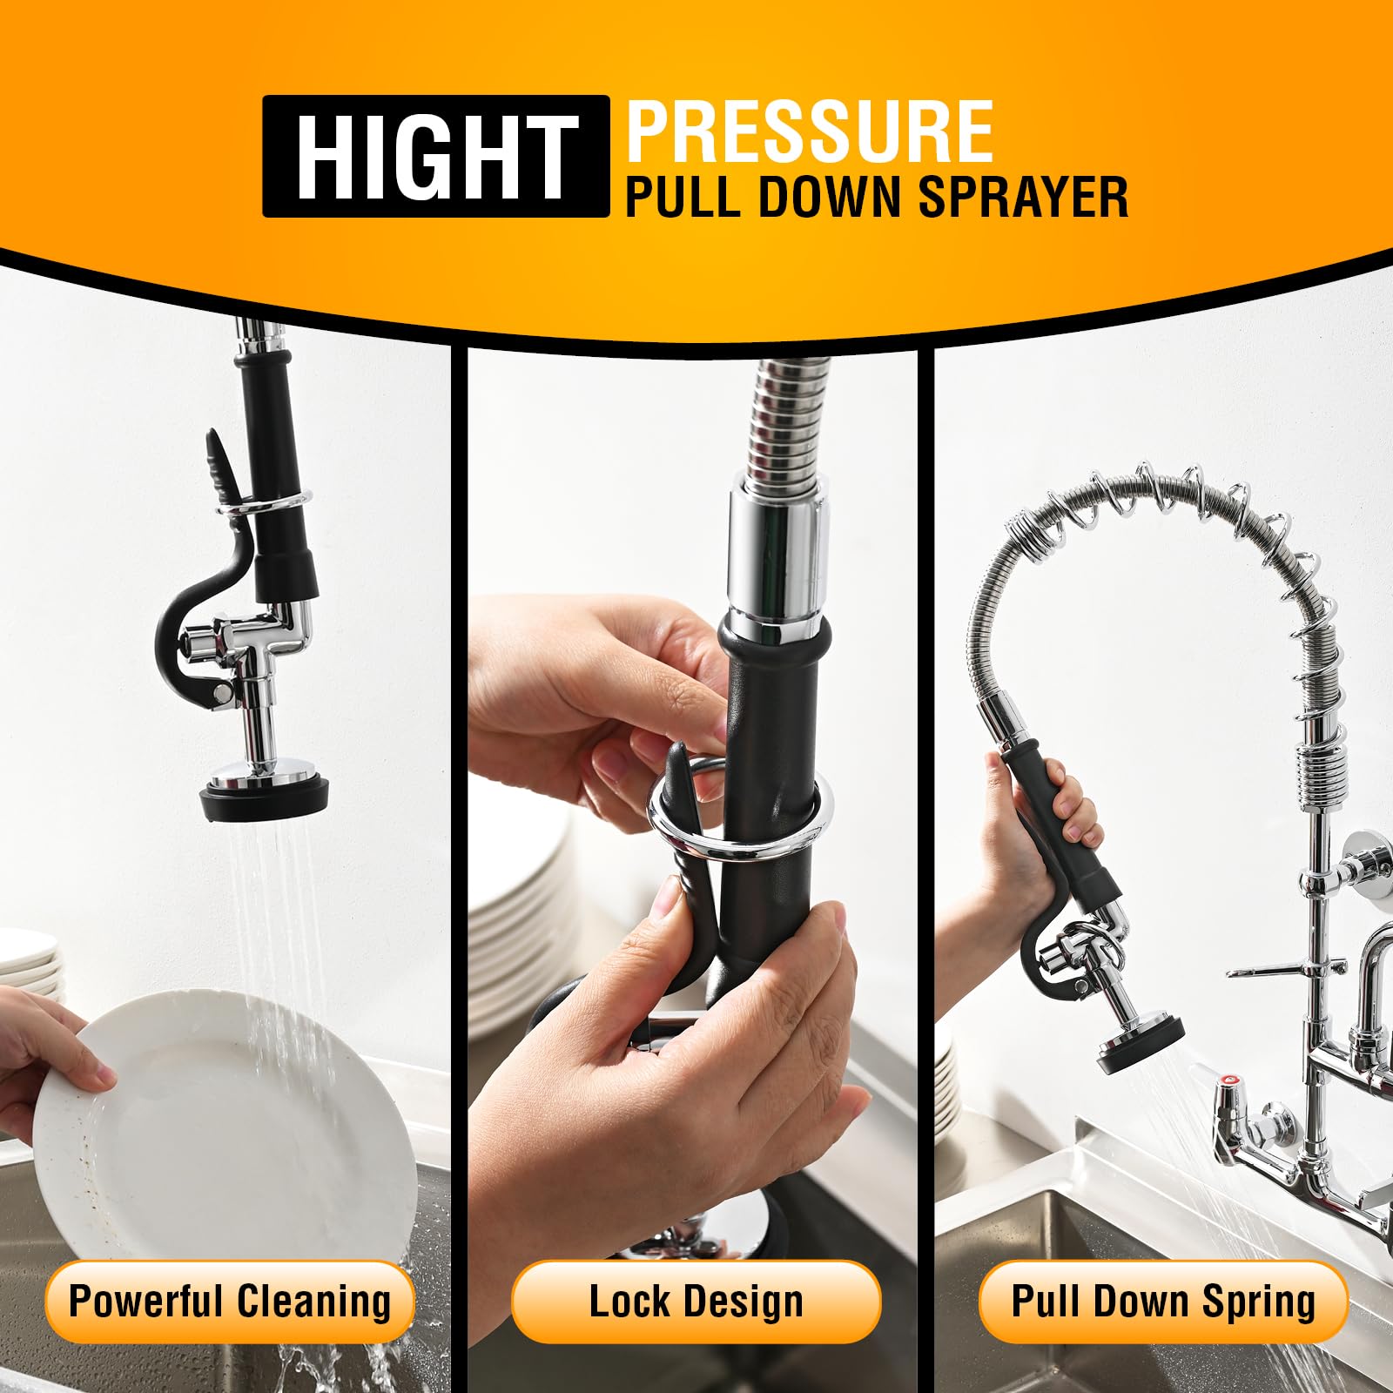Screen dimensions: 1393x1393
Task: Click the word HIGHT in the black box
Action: [x=435, y=157]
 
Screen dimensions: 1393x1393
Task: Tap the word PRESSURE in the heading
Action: [x=810, y=132]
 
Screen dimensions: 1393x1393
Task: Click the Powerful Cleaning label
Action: [x=230, y=1302]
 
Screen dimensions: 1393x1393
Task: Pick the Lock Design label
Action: [x=696, y=1302]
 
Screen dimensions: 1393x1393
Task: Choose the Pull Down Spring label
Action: [x=1163, y=1302]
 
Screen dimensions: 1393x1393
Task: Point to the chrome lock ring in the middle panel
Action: [x=736, y=827]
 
